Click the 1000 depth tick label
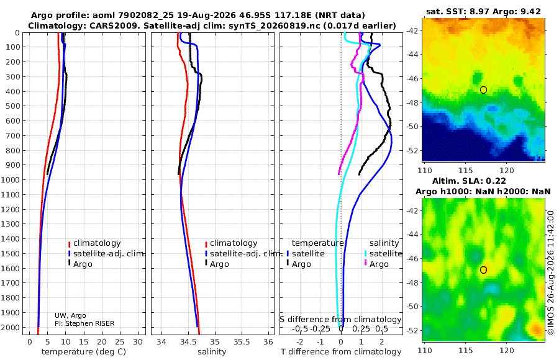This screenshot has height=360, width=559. tap(12, 179)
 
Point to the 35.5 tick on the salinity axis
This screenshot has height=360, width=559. tap(242, 341)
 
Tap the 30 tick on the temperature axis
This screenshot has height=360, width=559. tap(138, 341)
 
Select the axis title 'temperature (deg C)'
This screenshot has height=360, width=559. tap(84, 352)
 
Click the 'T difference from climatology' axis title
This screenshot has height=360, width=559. tap(341, 352)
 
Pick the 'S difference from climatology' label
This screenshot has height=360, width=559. tap(340, 319)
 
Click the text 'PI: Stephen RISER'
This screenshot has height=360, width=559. tap(84, 323)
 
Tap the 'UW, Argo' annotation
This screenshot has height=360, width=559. tap(70, 315)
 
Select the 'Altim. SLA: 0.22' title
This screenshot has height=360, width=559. tap(469, 181)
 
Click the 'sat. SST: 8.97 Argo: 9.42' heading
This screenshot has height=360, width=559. tap(483, 11)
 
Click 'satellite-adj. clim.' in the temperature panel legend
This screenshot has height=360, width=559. tap(106, 253)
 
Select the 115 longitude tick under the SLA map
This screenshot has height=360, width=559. tap(466, 351)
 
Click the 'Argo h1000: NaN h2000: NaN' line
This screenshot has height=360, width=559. tap(483, 192)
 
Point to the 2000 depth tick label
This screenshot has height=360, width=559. tap(12, 328)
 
